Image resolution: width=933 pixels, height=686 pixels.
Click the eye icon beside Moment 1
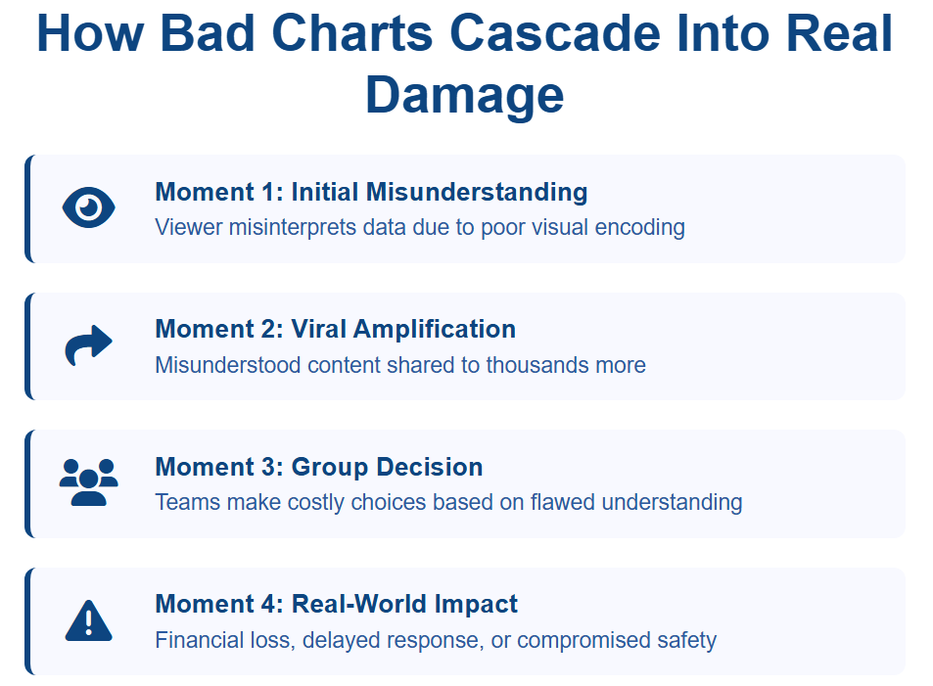coord(89,207)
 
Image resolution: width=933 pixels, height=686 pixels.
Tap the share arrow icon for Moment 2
coord(89,345)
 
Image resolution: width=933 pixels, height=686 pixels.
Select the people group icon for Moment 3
coord(89,482)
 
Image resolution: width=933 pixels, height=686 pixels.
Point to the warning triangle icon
coord(89,620)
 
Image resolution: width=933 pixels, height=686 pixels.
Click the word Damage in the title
coord(465,95)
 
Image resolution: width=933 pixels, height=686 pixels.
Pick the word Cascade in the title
coord(554,33)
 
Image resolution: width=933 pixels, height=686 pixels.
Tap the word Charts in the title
coord(352,33)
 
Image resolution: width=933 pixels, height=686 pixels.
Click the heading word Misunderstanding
coord(477,192)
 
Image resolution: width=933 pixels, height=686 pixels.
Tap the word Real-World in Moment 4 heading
coord(358,604)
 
